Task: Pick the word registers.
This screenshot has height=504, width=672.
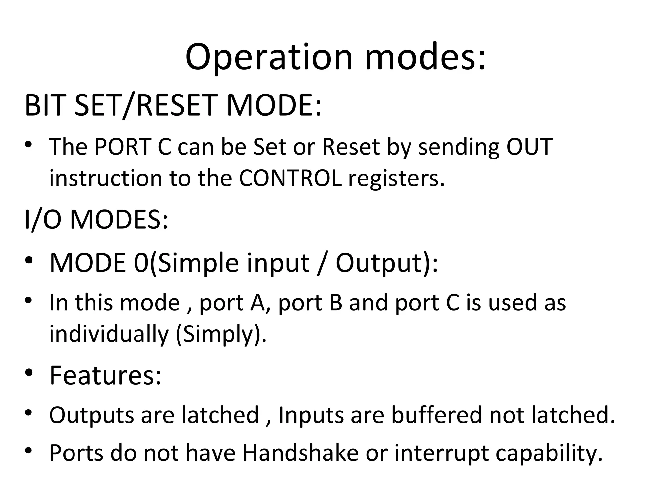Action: pyautogui.click(x=396, y=179)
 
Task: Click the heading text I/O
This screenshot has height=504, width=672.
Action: pyautogui.click(x=43, y=219)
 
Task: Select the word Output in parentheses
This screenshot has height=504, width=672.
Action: pyautogui.click(x=378, y=263)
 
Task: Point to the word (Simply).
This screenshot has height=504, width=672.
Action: pyautogui.click(x=221, y=334)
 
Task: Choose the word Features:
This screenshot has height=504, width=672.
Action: pyautogui.click(x=105, y=375)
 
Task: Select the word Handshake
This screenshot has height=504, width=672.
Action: pyautogui.click(x=301, y=453)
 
